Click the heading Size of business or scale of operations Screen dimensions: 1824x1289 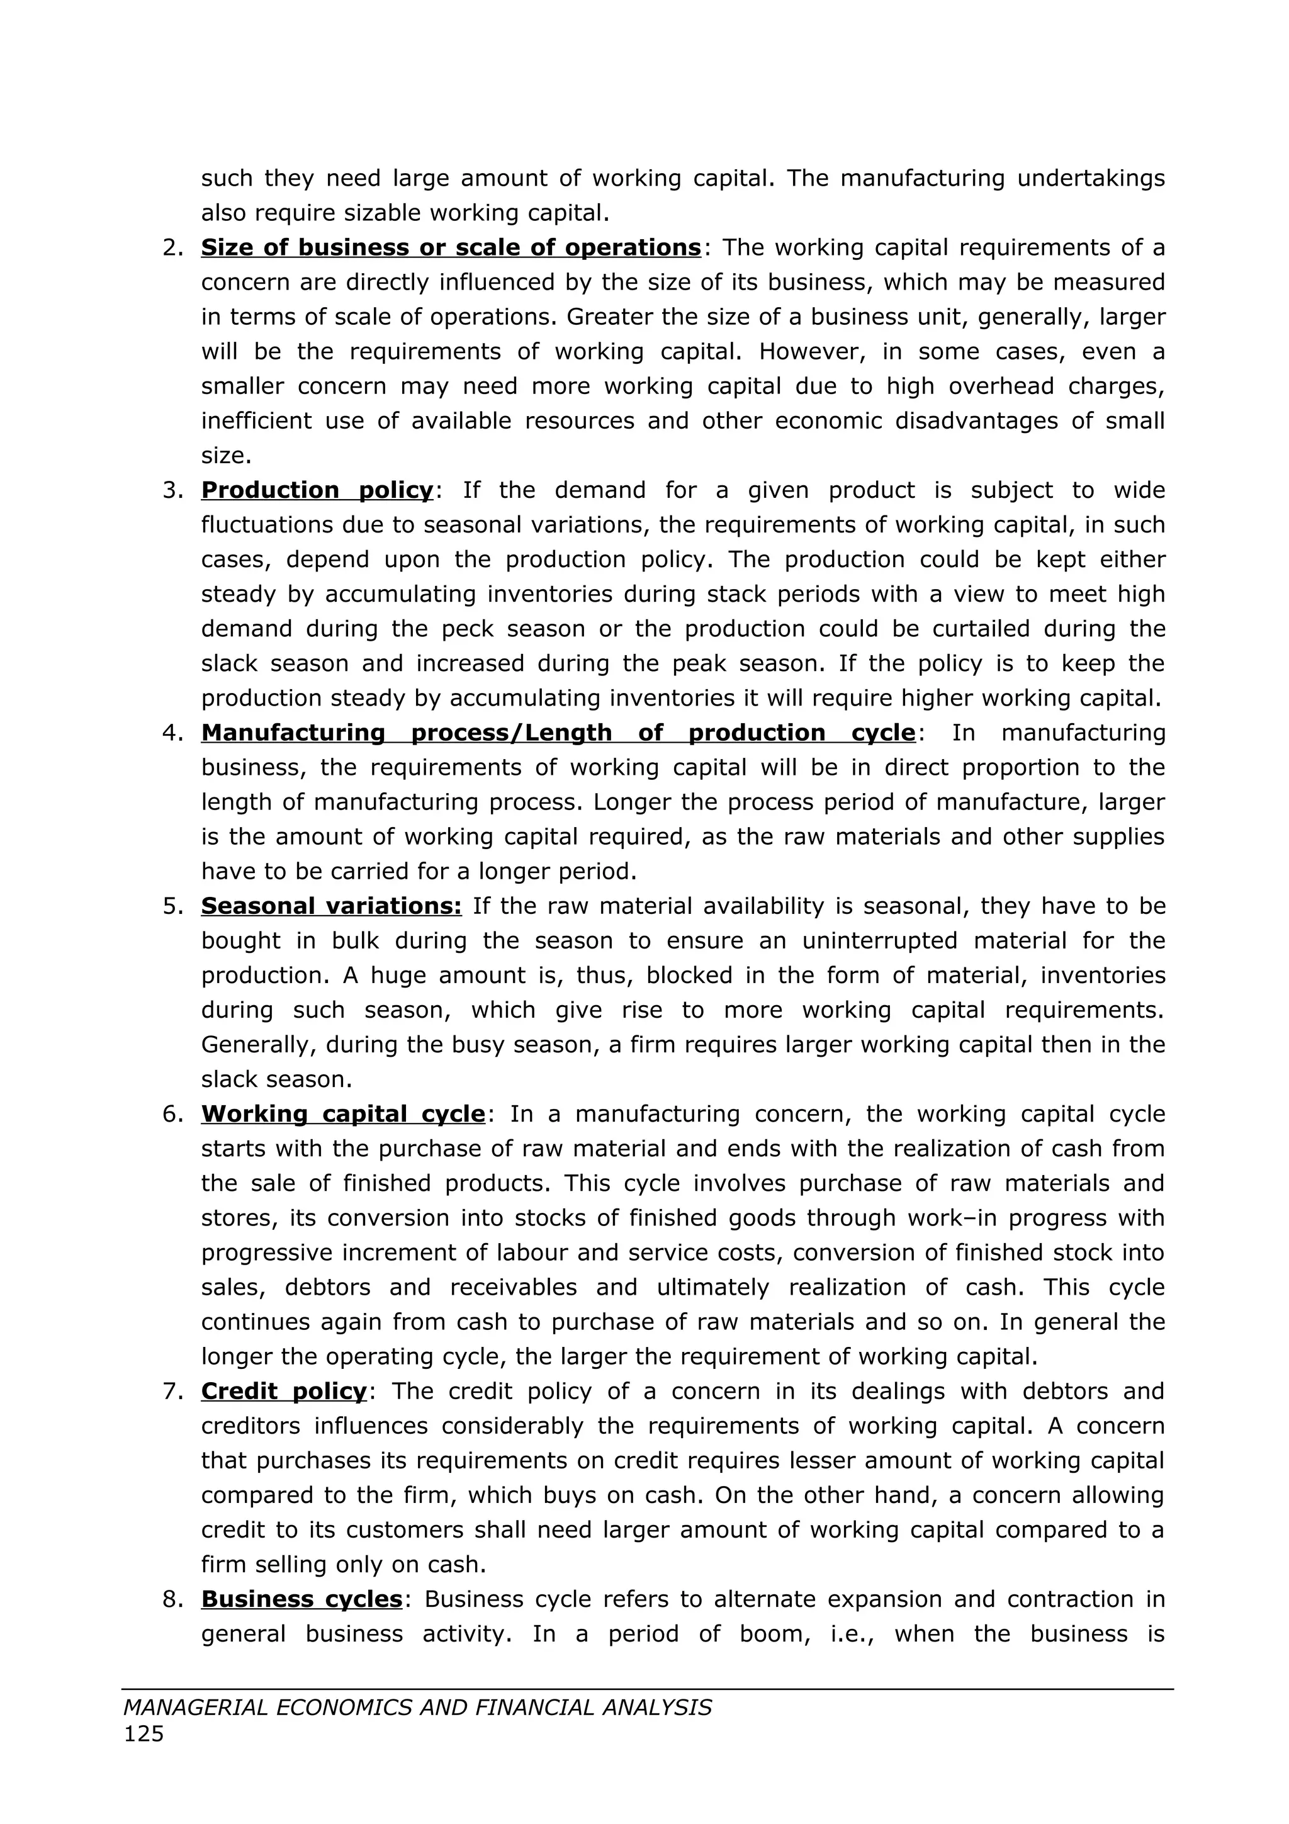450,248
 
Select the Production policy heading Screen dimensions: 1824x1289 317,490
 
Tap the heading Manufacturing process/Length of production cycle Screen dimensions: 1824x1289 558,733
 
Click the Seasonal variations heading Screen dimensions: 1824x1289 331,906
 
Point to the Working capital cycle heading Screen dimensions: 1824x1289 342,1114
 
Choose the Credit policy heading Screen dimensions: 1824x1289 283,1391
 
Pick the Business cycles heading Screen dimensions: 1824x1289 302,1599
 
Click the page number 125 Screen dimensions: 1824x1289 144,1734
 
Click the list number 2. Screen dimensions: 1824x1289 172,248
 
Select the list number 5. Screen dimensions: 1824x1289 172,906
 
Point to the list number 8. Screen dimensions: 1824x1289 172,1599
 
